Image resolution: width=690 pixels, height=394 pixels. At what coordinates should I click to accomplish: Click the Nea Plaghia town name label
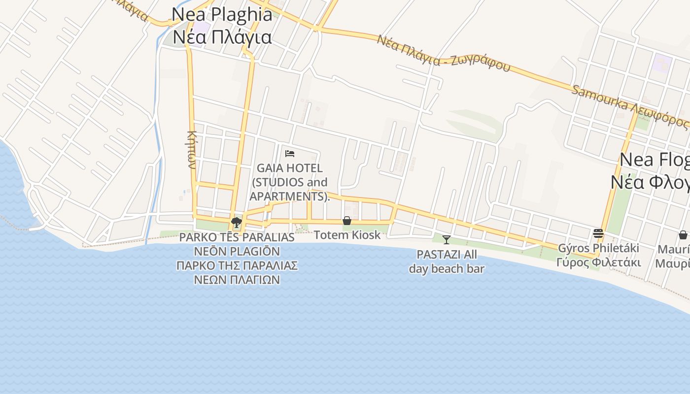coord(222,15)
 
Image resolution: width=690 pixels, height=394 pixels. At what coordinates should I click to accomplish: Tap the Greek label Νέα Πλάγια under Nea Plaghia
coord(222,37)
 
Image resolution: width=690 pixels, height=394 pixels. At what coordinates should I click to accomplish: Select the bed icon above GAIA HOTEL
coord(290,154)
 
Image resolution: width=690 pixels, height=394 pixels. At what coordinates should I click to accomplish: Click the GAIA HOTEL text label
coord(289,168)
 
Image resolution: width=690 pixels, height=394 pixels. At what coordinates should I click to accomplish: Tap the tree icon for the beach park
coord(237,222)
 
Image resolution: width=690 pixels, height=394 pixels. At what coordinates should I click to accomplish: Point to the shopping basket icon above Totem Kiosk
coord(347,221)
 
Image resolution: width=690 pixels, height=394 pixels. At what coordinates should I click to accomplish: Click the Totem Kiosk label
coord(347,235)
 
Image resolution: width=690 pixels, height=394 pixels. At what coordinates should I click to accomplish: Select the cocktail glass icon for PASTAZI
coord(447,240)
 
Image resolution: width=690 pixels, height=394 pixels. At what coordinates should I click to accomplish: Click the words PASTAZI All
coord(447,255)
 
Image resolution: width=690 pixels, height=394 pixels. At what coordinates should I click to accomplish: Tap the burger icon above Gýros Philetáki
coord(598,233)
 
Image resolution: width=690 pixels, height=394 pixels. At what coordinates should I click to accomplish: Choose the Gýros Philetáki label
coord(598,248)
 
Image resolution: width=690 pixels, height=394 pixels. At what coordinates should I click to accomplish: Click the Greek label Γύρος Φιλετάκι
coord(598,262)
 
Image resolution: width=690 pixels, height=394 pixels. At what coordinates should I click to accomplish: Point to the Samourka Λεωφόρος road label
coord(629,106)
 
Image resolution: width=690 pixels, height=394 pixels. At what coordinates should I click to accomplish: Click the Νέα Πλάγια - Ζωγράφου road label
coord(443,53)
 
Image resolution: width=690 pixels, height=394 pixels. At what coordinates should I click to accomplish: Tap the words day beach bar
coord(447,269)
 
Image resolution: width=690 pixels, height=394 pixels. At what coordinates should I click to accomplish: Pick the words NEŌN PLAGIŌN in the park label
coord(237,252)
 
